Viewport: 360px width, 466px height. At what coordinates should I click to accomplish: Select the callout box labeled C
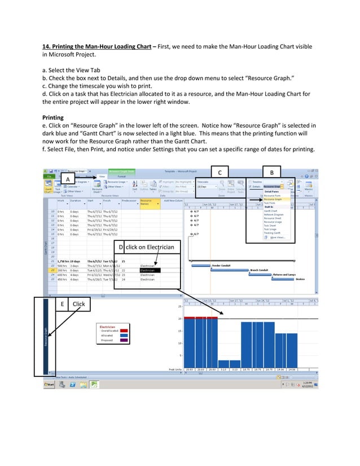point(219,172)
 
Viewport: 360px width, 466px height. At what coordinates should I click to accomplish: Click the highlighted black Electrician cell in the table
point(150,270)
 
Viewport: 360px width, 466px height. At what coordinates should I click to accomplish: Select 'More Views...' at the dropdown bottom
point(278,238)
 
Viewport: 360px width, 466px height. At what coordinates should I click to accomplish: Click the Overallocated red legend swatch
point(125,331)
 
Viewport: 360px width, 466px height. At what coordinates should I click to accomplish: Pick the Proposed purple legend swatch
point(125,340)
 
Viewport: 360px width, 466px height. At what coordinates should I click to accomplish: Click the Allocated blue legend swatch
point(125,336)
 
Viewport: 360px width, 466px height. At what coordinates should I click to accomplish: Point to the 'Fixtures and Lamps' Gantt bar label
point(284,274)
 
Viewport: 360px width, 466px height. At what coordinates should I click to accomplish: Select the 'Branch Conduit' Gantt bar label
point(259,270)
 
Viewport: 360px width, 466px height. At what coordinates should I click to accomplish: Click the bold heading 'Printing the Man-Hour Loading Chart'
point(98,46)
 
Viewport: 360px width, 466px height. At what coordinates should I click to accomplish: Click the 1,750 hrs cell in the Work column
point(63,261)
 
